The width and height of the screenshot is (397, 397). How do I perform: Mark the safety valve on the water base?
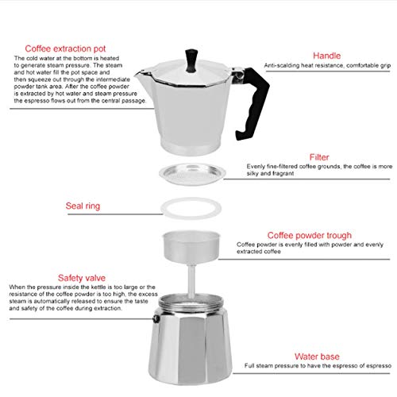pyautogui.click(x=156, y=318)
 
